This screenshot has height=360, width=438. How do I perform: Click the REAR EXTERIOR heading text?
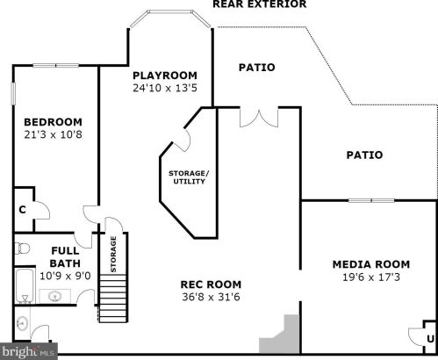click(259, 4)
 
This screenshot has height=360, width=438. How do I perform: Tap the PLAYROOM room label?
click(164, 76)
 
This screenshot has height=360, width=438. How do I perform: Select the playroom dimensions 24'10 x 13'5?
click(164, 88)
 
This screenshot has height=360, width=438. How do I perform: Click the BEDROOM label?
click(53, 122)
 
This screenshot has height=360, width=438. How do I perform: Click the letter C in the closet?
click(22, 210)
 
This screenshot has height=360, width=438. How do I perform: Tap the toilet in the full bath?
click(23, 248)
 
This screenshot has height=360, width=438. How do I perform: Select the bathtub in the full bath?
click(23, 284)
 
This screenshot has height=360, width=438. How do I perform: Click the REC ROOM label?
click(211, 284)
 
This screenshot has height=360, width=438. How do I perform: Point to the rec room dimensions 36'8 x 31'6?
click(211, 297)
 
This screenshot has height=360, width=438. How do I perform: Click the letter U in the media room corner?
click(429, 339)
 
